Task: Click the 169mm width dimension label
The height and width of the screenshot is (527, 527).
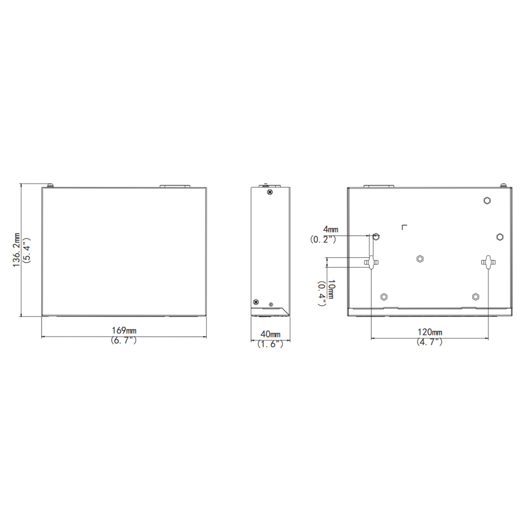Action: pos(124,330)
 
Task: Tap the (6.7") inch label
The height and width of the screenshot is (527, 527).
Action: pos(124,340)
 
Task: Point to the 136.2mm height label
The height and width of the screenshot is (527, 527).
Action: pos(16,250)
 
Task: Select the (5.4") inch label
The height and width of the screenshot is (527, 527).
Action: pos(26,250)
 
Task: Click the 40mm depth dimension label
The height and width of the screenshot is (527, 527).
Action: pos(270,334)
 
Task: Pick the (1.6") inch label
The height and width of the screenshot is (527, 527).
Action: pos(270,344)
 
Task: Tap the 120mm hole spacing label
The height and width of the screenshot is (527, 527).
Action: pos(430,332)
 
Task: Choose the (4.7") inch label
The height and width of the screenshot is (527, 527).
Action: pos(430,342)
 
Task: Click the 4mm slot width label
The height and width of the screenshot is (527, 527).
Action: pos(331,229)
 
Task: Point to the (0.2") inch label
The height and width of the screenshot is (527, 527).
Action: pos(323,239)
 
